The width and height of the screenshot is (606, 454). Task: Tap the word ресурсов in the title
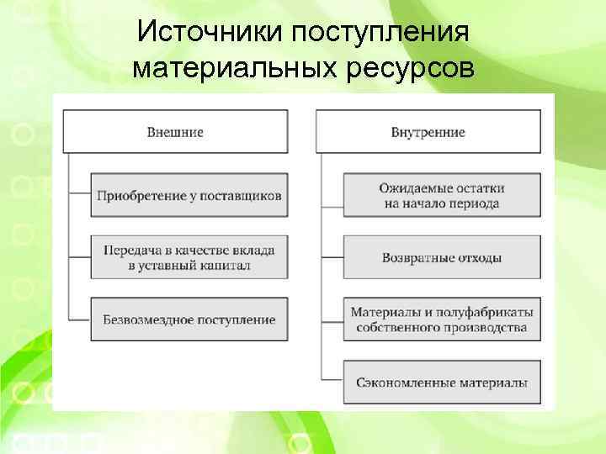point(409,67)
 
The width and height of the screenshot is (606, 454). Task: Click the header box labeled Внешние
point(175,132)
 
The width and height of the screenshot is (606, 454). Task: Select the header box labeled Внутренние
point(428,132)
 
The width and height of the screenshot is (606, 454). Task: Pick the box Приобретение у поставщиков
point(189,195)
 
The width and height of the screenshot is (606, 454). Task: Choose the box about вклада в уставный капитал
point(189,257)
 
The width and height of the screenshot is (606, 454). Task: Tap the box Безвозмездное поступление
point(189,319)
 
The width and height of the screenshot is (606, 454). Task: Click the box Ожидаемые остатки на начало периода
point(441,195)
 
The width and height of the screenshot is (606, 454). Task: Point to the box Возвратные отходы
point(441,257)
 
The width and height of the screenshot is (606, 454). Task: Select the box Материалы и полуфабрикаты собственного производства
point(441,319)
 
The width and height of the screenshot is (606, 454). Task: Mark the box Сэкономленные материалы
point(441,383)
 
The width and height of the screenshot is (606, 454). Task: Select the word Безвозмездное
point(146,319)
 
